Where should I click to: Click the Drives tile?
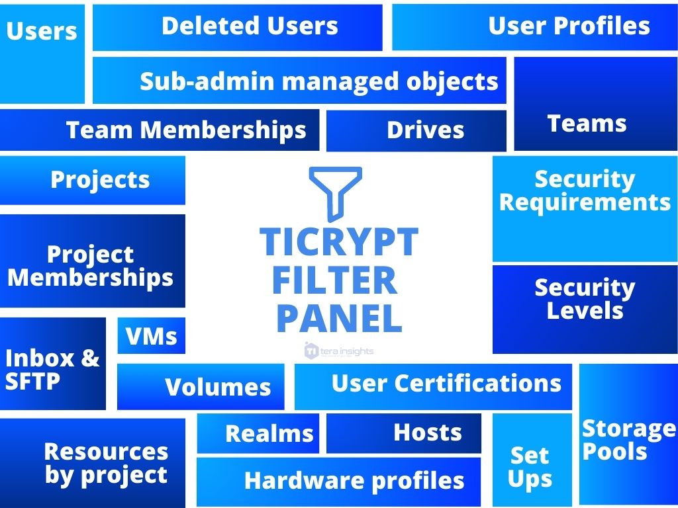coord(416,130)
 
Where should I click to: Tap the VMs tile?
coord(151,336)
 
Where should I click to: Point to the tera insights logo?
coord(339,351)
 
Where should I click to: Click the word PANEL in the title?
coord(339,318)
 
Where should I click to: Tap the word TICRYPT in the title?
coord(339,241)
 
